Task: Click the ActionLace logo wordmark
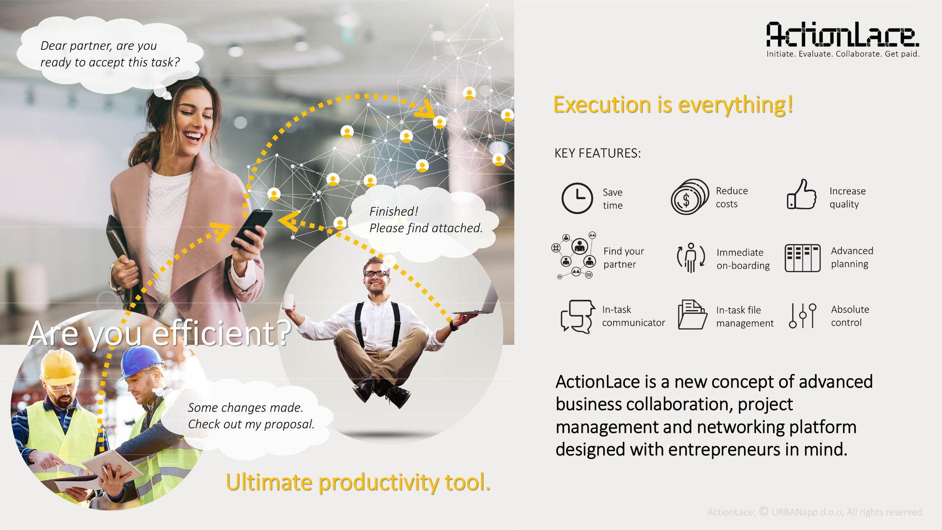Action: click(842, 35)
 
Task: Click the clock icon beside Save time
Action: click(577, 198)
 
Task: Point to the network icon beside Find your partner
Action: click(575, 255)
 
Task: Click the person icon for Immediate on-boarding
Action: click(691, 257)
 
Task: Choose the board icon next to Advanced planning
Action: click(802, 258)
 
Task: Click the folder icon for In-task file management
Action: click(692, 315)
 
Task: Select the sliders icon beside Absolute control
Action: click(802, 315)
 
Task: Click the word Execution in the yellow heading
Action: click(602, 105)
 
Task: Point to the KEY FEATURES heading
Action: click(598, 153)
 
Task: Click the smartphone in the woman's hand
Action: click(251, 228)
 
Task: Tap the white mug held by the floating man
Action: click(289, 302)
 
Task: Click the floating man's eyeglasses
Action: click(376, 274)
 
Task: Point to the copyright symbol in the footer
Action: click(764, 511)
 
